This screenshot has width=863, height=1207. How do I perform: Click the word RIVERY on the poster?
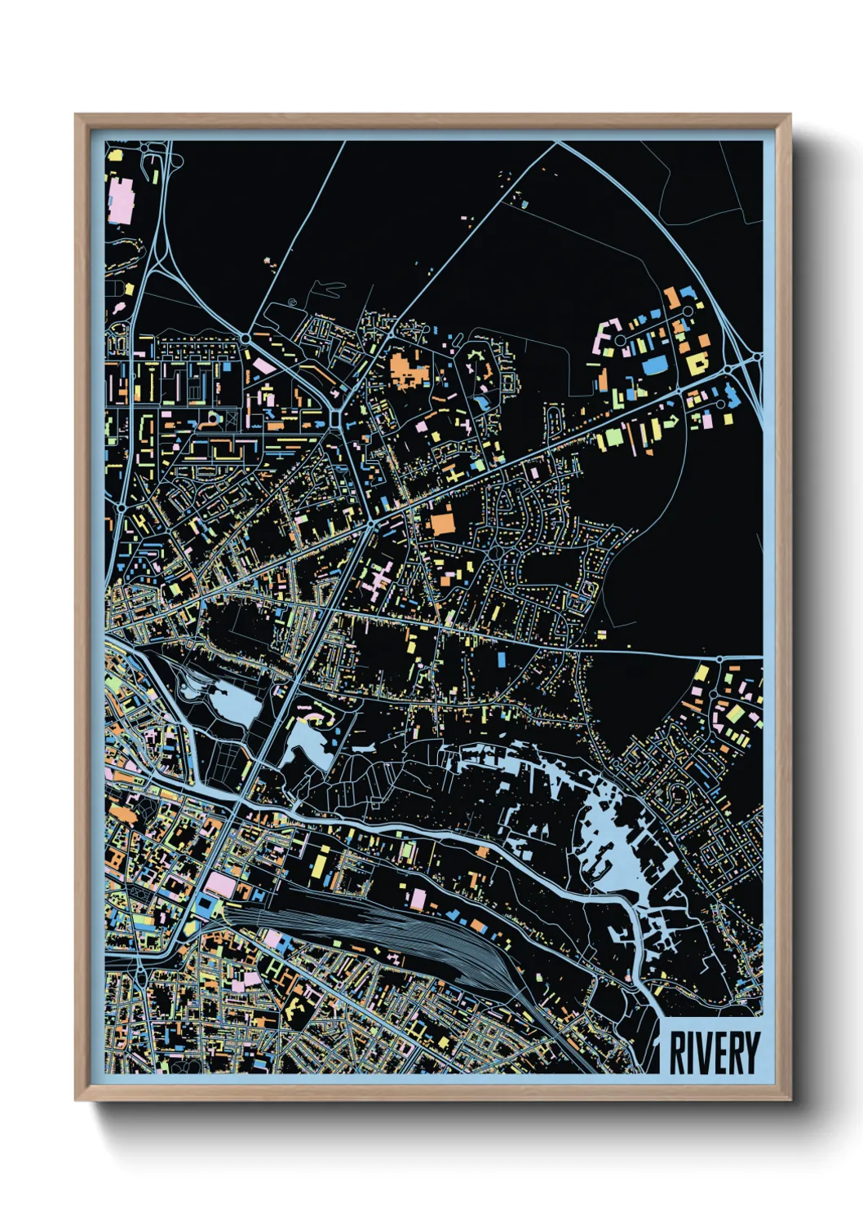coord(714,1053)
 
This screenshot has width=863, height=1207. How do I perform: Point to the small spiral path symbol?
coord(293,303)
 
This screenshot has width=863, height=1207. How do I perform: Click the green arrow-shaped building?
coord(670,421)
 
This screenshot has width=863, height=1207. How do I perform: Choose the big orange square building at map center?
coord(442,519)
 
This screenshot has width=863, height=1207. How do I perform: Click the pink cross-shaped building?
coord(377,582)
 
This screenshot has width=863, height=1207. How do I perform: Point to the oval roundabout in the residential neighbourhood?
coord(498,556)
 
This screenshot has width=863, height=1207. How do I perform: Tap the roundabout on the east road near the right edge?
coord(720,657)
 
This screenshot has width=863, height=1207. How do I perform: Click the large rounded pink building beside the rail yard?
coord(219,883)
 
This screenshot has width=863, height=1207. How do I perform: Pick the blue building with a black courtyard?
coord(203,906)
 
